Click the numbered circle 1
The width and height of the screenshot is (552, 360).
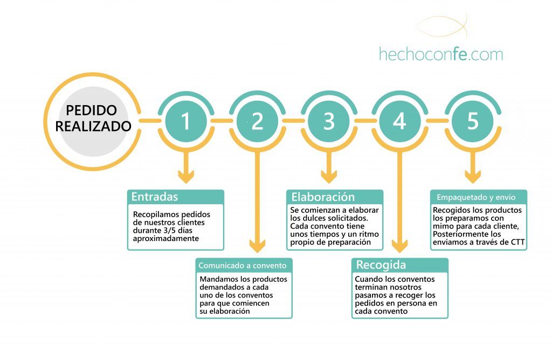[x=186, y=121]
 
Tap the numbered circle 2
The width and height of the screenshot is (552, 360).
[x=257, y=121]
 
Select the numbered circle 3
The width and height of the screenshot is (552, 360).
[x=329, y=121]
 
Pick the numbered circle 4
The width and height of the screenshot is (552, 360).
[x=400, y=121]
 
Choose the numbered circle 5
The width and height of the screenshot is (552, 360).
[x=473, y=121]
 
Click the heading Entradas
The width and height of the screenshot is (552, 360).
[x=155, y=196]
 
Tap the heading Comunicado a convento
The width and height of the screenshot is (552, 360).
[x=243, y=265]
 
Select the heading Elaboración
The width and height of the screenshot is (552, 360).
[x=323, y=197]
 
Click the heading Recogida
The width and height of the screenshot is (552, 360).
[x=381, y=265]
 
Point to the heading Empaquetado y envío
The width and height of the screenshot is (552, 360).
[x=476, y=197]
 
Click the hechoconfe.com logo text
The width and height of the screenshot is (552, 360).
[x=441, y=54]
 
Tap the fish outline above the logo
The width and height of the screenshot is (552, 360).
[x=441, y=27]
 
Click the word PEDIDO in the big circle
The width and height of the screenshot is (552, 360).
[x=92, y=110]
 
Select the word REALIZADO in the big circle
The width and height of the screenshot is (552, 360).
[x=93, y=126]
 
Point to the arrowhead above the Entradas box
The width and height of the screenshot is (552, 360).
[x=186, y=177]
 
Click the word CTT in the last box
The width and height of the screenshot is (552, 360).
[x=517, y=242]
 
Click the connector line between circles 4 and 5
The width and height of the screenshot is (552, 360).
[x=437, y=121]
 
